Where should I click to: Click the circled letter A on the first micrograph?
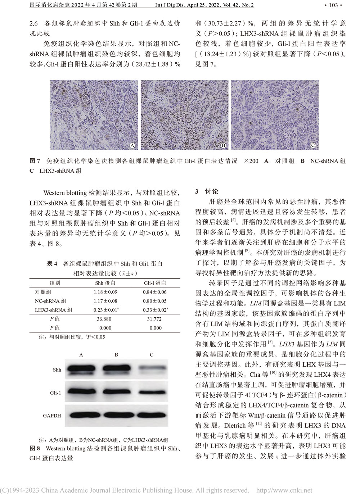click(132, 145)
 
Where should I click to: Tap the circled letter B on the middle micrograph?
click(223, 145)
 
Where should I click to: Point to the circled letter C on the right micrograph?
click(313, 145)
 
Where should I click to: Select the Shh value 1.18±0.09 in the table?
click(105, 292)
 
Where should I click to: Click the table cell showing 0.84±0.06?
click(155, 292)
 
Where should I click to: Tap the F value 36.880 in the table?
click(104, 319)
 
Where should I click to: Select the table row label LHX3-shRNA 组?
click(53, 310)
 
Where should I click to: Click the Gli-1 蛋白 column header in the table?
click(155, 283)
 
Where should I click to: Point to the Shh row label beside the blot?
click(57, 370)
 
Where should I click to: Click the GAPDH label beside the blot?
click(52, 416)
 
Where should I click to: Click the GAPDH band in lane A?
click(81, 415)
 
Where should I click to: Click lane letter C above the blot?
click(152, 355)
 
